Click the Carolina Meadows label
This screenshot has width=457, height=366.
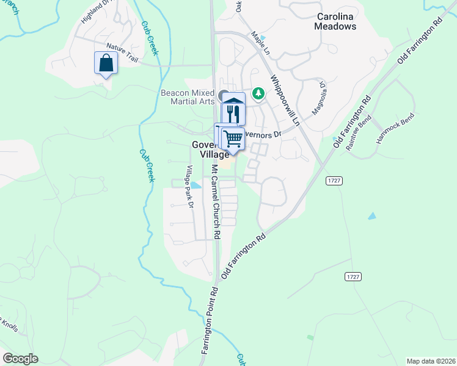335,21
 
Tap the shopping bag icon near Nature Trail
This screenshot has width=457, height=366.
106,63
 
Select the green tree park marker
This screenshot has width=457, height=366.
260,93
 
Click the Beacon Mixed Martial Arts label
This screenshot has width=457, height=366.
187,96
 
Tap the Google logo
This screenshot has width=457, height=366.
20,359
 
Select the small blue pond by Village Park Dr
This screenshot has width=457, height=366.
196,185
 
